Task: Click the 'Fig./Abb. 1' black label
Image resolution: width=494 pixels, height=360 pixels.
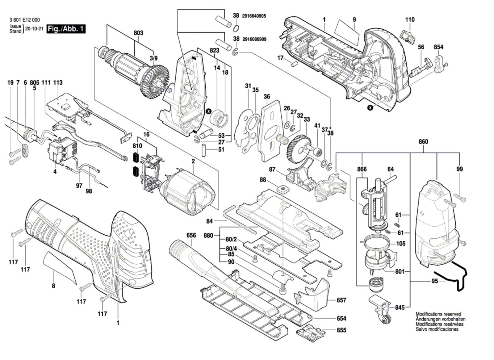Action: pos(66,29)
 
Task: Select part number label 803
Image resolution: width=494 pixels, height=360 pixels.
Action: pos(138,33)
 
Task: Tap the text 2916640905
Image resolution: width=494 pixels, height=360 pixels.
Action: pos(254,16)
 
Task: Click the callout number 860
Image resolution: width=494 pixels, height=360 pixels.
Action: pos(423,142)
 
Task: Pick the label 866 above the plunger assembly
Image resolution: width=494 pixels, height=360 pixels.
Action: pos(362,169)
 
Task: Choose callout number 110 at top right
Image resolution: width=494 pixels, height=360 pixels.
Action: pos(410,20)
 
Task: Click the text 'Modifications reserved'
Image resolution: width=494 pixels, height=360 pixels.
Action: pos(438,314)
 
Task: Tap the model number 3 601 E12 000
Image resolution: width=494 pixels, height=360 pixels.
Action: pos(24,20)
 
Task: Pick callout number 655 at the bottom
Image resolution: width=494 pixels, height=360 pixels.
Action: pos(341,330)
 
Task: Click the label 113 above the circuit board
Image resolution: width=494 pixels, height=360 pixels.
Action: pos(58,82)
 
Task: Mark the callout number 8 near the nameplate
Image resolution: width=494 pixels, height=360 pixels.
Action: pos(53,286)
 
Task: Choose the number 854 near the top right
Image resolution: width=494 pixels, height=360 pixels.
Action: pos(438,47)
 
